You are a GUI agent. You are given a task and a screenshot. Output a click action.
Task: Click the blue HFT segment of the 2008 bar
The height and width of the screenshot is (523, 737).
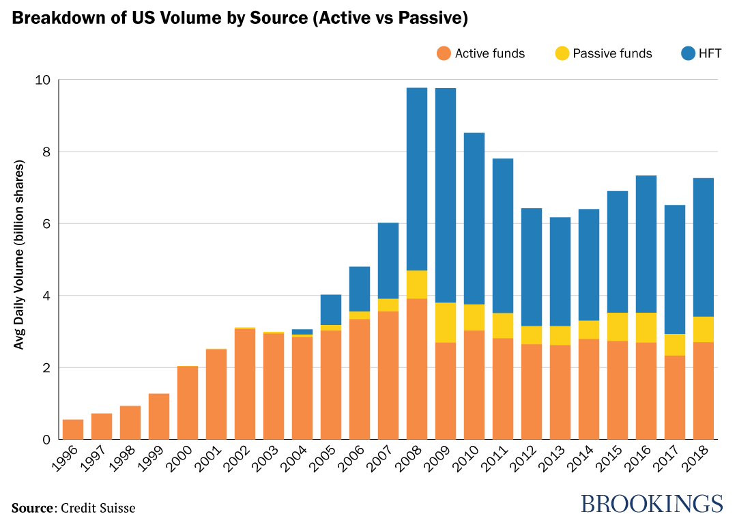coord(417,179)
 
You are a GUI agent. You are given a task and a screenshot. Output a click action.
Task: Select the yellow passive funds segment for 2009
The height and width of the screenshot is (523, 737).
coord(446,322)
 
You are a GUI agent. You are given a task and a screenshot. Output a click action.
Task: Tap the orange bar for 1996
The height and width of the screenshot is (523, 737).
coord(73,429)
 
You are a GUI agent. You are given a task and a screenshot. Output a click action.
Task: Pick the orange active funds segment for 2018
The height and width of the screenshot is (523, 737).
coord(704,391)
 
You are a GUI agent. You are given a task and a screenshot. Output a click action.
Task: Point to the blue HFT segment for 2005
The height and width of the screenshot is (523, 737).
coord(331,310)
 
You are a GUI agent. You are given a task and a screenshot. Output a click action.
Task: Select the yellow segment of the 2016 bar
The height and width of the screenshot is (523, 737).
coord(646,328)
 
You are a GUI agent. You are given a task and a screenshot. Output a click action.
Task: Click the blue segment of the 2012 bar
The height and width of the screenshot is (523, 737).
coord(532,267)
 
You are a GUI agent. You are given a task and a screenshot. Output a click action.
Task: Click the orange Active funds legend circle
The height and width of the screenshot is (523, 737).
coord(444,53)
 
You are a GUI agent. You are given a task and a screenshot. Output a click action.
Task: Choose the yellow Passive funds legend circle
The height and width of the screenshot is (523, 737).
coord(562,53)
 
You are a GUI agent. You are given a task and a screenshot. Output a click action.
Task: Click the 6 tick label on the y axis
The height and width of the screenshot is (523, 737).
coord(46,224)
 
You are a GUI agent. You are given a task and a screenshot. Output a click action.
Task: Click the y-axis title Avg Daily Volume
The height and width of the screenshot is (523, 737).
coord(20,255)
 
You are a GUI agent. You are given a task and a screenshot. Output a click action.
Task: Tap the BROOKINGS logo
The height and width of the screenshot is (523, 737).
coord(651,504)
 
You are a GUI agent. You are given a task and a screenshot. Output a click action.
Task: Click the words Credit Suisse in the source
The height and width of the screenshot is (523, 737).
coord(98,508)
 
